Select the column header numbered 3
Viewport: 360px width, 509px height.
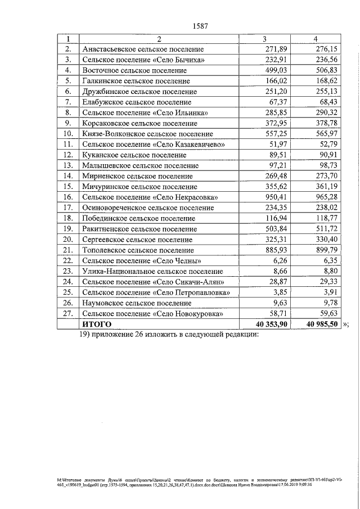[x=264, y=39]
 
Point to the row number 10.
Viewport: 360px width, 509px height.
[x=68, y=134]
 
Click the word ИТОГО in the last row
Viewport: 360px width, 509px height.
[x=97, y=325]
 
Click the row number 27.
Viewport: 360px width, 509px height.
[x=68, y=314]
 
